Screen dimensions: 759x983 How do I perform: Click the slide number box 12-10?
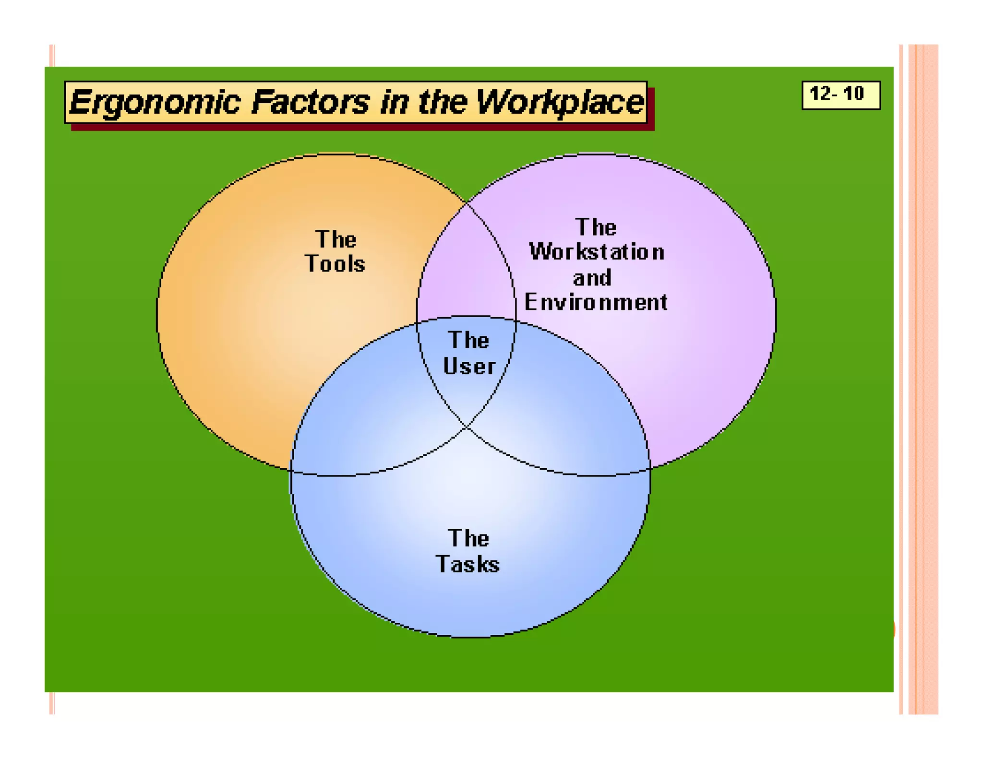pyautogui.click(x=840, y=95)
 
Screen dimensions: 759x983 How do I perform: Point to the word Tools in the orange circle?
pyautogui.click(x=335, y=264)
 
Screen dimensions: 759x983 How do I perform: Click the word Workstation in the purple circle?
pyautogui.click(x=597, y=252)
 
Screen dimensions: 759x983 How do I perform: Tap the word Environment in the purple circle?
pyautogui.click(x=596, y=302)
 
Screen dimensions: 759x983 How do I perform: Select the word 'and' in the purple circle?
pyautogui.click(x=592, y=278)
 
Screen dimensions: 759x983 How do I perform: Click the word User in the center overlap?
pyautogui.click(x=469, y=366)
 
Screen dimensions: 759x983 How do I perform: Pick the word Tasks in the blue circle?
pyautogui.click(x=468, y=564)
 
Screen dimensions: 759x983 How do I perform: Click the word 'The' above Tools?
pyautogui.click(x=336, y=239)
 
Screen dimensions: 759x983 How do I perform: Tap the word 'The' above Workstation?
pyautogui.click(x=596, y=227)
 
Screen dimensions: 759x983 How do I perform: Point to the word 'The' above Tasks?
pyautogui.click(x=468, y=538)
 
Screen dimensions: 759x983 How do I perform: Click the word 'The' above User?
pyautogui.click(x=469, y=340)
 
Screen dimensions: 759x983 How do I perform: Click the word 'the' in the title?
pyautogui.click(x=442, y=102)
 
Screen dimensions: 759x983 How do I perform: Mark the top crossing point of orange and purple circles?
pyautogui.click(x=467, y=203)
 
